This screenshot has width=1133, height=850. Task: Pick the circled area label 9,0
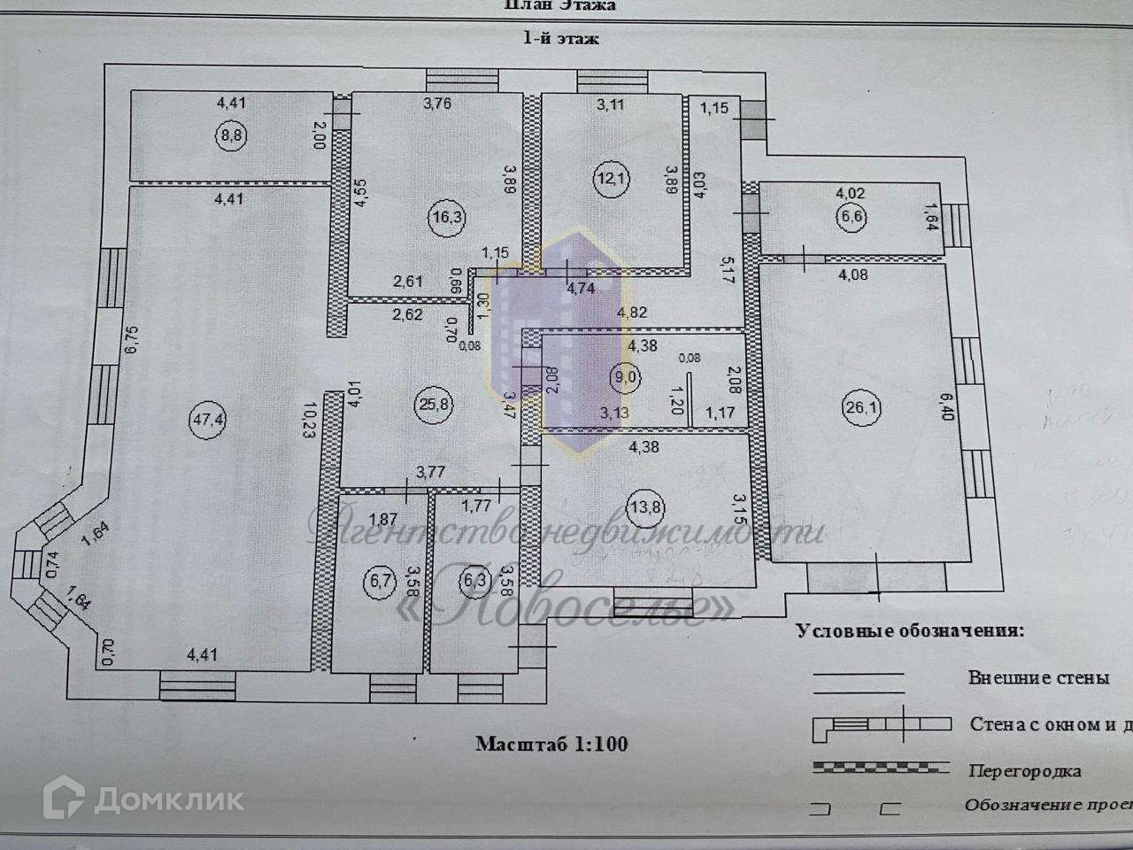tap(625, 376)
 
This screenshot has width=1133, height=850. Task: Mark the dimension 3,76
tap(437, 104)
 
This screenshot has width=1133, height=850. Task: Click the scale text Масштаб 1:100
tap(551, 744)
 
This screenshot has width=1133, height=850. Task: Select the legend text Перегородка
tap(1023, 770)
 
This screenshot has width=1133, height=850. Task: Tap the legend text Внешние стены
tap(1037, 678)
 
